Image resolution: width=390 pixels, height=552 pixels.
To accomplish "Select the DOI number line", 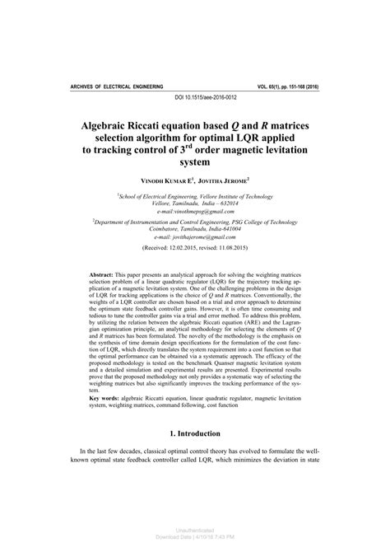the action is click(x=195, y=98).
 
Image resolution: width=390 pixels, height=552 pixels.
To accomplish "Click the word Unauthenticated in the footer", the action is click(x=195, y=531).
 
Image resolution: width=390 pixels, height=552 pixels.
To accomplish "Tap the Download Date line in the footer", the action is click(x=195, y=537).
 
